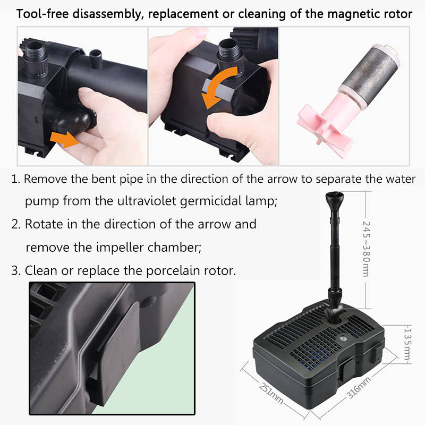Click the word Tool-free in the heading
coord(42,14)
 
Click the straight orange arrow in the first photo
coord(64,139)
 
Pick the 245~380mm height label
coord(366,249)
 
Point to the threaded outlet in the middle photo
coord(230,56)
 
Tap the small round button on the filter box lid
coord(342,338)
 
